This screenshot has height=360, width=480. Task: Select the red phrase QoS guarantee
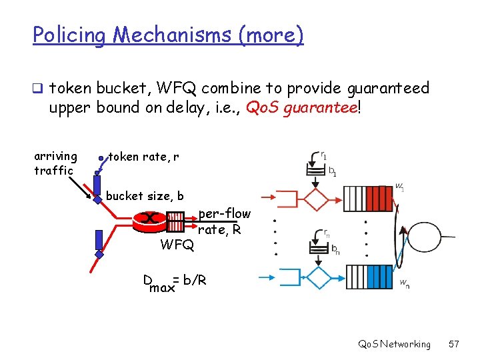(302, 107)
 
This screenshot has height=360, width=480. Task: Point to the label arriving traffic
(55, 163)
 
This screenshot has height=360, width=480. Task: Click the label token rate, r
(143, 157)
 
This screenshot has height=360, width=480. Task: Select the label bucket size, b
(145, 195)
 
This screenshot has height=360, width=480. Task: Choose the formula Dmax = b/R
(175, 283)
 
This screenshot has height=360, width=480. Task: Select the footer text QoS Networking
(394, 344)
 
